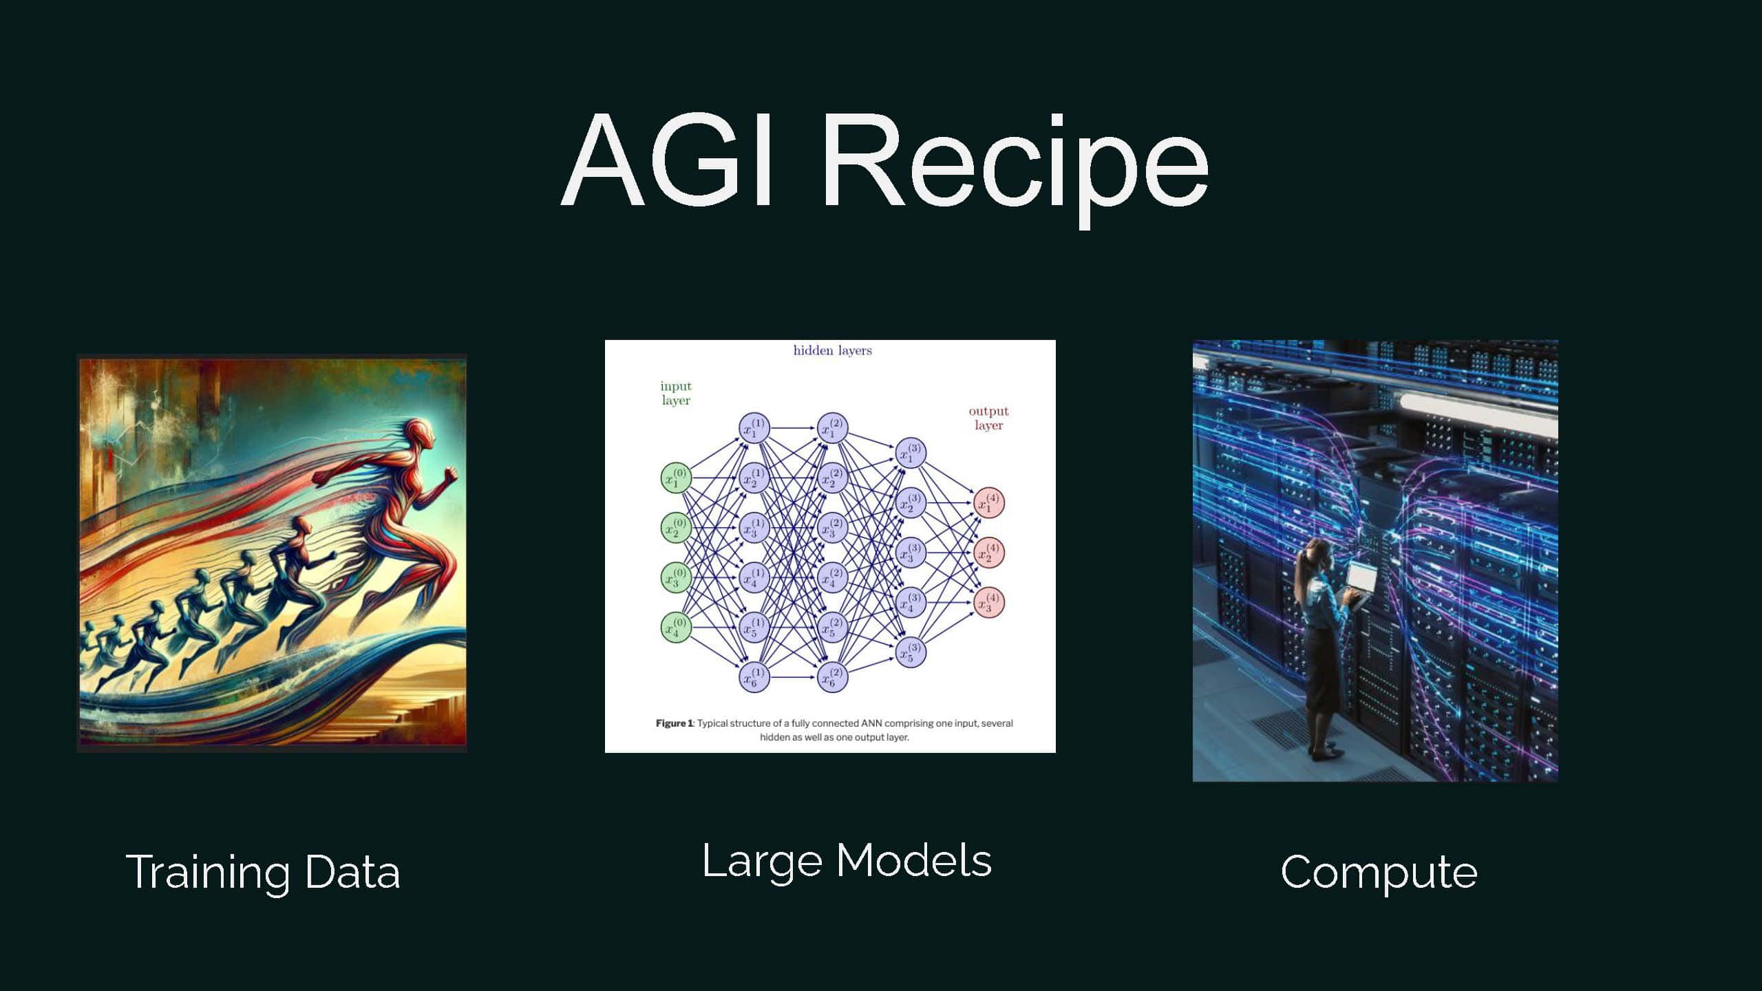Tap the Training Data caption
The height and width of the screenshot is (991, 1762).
(x=262, y=873)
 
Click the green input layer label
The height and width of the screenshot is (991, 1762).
(x=676, y=393)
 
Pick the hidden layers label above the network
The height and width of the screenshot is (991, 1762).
(x=832, y=350)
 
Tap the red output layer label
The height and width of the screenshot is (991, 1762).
(x=988, y=418)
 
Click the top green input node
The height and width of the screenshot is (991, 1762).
(x=676, y=478)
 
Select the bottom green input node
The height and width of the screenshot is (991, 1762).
(x=676, y=627)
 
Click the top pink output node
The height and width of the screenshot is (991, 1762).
(x=989, y=502)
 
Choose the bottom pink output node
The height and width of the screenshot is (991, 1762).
(x=989, y=602)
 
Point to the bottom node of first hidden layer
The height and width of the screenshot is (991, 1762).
(x=754, y=677)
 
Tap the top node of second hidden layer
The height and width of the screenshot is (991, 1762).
(x=832, y=428)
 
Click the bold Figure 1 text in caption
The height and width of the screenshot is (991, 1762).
(x=674, y=723)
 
